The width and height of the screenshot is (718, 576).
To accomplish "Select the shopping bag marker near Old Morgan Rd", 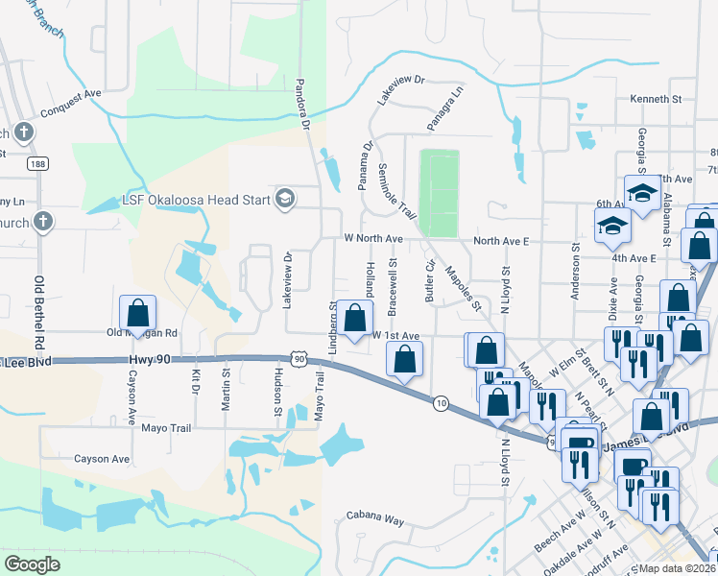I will coord(137,314).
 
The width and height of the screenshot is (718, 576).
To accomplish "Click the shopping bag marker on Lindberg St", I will coord(354,319).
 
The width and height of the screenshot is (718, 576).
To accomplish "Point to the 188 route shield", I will coord(36,164).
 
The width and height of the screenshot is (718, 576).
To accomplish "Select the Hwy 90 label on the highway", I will coord(153,359).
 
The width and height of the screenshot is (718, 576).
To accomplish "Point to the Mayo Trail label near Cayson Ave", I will coord(168,427).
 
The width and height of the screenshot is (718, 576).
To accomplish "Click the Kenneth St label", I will coord(656,99).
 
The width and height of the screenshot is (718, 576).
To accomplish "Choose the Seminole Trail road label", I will coord(395,187).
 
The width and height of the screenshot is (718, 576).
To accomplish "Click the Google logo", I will coord(32,564).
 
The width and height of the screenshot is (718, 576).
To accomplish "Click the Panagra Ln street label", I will coord(445,108).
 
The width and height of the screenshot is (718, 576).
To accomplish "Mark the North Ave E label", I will coord(503,241).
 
